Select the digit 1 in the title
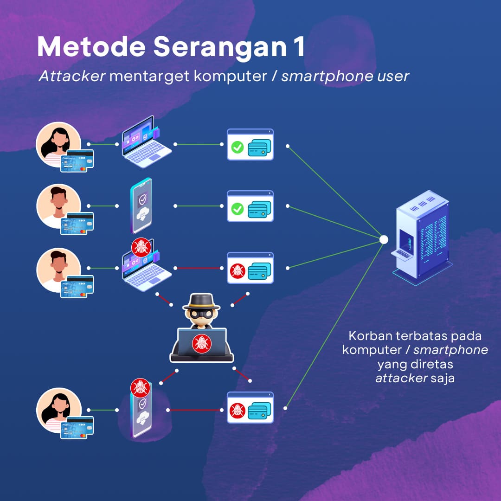300,48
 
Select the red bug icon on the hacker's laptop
202,344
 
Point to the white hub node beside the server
384,239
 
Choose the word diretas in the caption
435,364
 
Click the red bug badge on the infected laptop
141,247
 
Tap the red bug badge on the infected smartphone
140,387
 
